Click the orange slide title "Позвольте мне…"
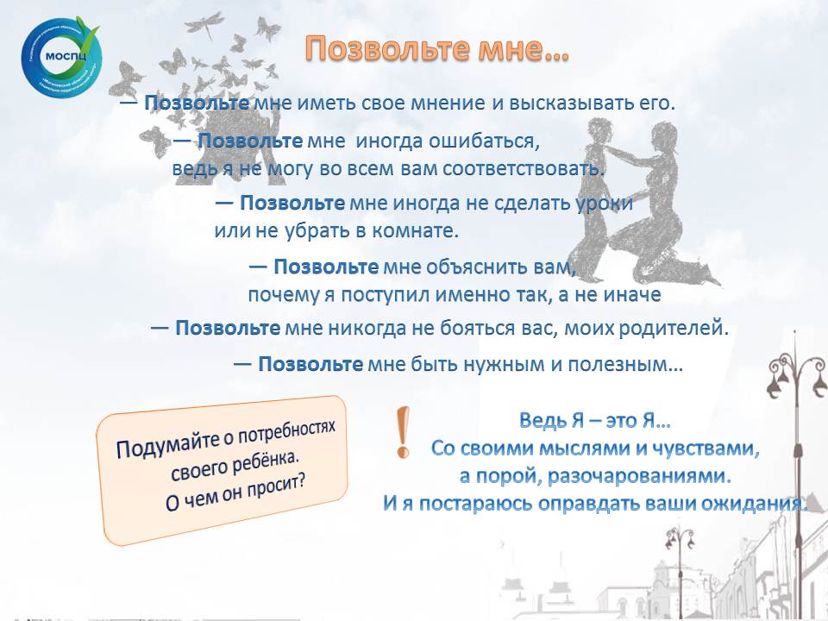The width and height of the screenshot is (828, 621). point(437,48)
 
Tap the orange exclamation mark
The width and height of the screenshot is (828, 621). point(403,432)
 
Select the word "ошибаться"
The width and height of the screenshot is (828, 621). point(483,141)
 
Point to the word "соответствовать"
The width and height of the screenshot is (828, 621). point(523,169)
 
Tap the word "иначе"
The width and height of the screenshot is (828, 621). point(632,295)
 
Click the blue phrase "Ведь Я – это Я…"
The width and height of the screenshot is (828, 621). point(595,421)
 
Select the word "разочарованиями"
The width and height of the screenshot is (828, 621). point(639,476)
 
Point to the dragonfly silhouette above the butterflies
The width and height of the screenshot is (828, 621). point(205,25)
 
